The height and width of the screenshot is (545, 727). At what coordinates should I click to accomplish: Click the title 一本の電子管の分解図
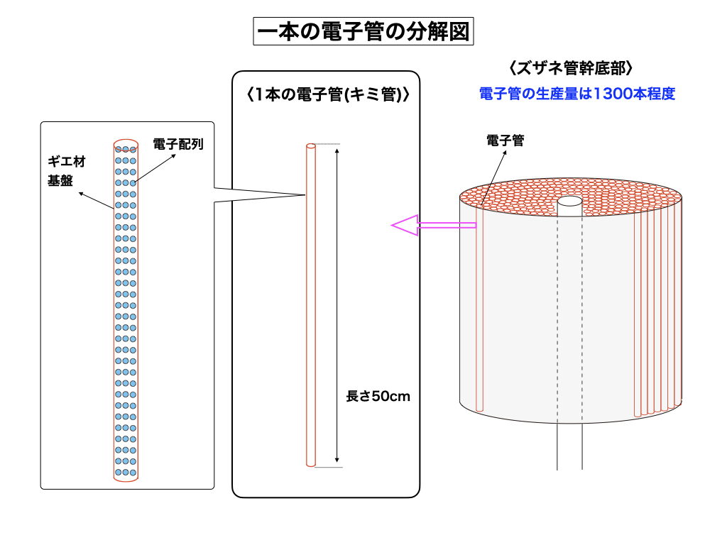363,32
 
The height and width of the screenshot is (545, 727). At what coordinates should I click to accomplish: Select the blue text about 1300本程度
576,94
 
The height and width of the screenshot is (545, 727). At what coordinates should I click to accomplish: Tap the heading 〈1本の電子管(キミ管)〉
325,94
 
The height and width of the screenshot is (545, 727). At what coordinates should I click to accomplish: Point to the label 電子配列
178,144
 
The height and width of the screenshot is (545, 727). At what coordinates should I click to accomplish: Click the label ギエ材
66,163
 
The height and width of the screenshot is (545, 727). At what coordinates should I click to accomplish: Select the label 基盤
60,180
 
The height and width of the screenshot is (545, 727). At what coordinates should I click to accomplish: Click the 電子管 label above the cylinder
505,141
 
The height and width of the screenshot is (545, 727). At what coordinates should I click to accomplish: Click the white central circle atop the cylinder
569,202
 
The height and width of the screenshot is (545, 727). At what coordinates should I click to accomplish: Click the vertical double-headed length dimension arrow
337,305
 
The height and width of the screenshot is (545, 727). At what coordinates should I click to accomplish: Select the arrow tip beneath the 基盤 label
81,192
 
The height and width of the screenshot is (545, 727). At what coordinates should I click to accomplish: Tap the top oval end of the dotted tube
126,145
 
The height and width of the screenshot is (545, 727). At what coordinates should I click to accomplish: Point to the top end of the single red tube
310,146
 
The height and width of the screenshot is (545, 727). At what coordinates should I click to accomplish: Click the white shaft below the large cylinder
569,447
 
